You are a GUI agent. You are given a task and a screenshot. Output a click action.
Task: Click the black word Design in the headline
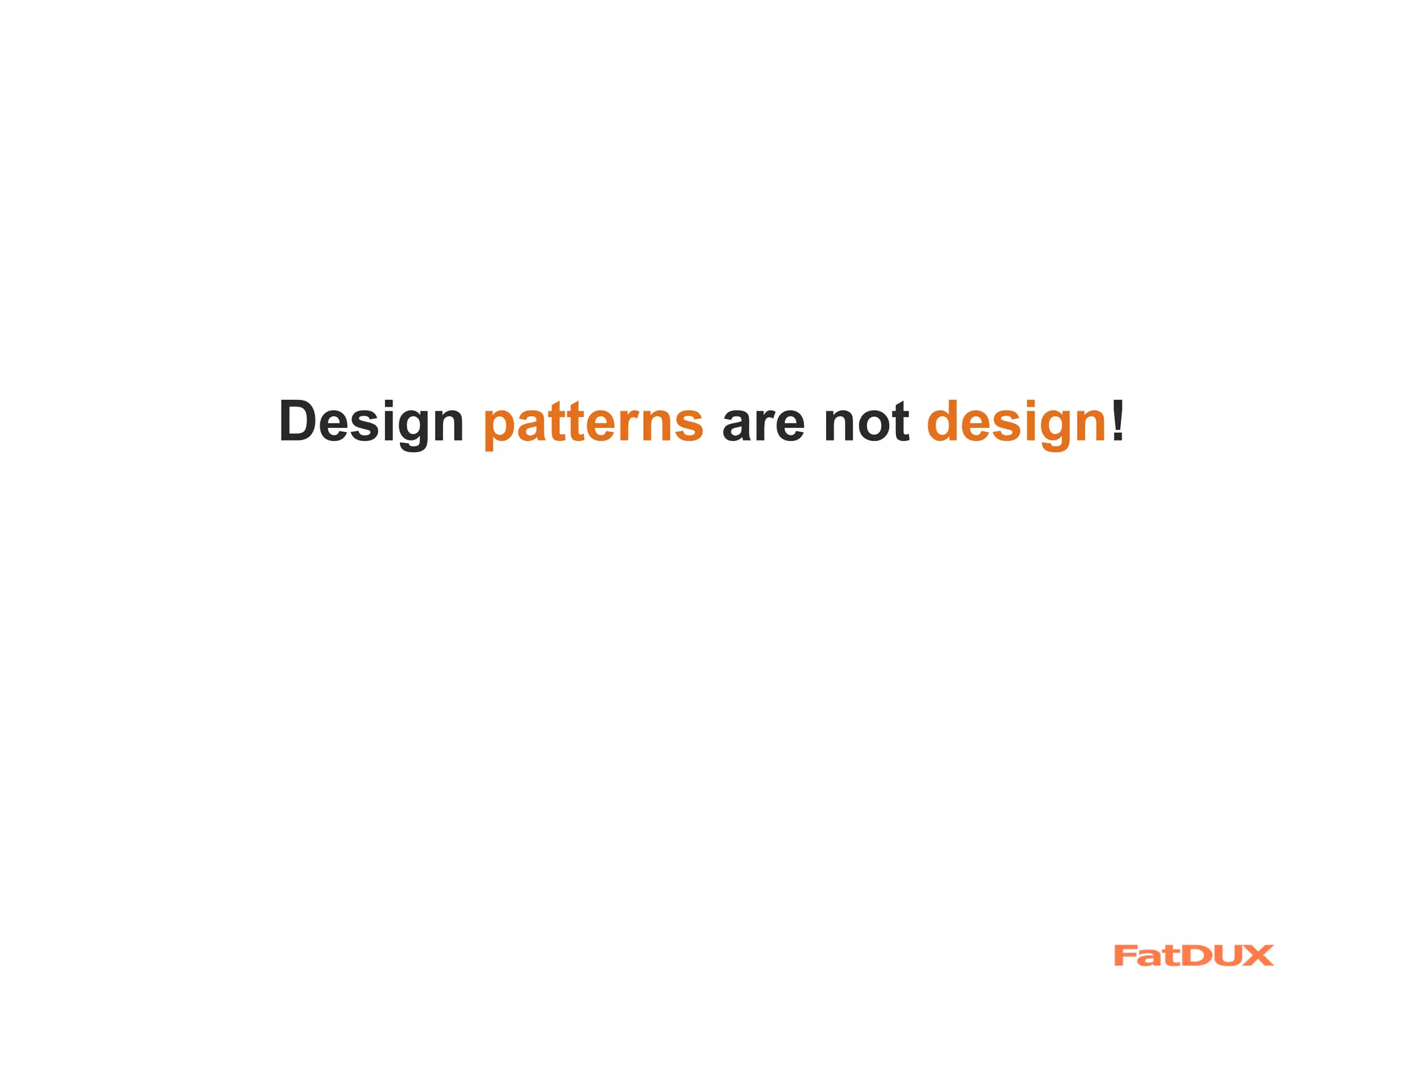click(x=371, y=422)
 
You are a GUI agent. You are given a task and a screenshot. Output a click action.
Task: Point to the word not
click(x=866, y=422)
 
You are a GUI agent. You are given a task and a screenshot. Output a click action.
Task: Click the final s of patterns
click(x=689, y=425)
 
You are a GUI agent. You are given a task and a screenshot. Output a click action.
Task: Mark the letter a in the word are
click(x=737, y=425)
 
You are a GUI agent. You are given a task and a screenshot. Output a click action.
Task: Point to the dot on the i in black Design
click(x=384, y=403)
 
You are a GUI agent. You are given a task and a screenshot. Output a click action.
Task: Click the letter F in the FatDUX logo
click(x=1126, y=955)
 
